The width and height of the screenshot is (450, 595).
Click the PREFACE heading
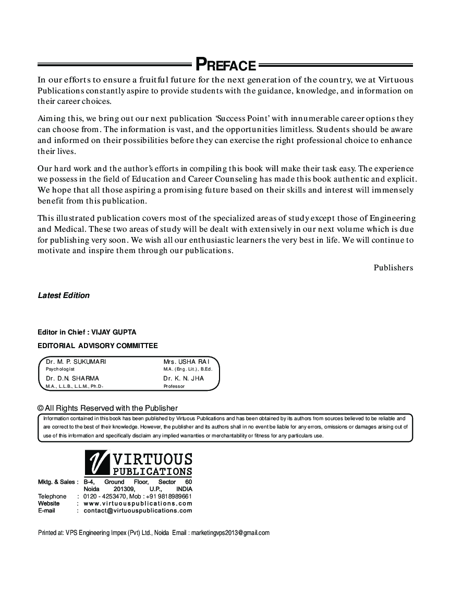pyautogui.click(x=225, y=65)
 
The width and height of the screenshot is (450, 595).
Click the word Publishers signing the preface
pyautogui.click(x=393, y=268)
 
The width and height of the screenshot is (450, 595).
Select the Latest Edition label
pyautogui.click(x=64, y=295)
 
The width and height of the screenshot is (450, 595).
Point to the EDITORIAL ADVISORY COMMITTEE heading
pyautogui.click(x=98, y=346)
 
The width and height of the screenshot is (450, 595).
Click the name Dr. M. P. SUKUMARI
pyautogui.click(x=76, y=361)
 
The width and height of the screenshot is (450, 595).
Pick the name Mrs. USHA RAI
pyautogui.click(x=186, y=361)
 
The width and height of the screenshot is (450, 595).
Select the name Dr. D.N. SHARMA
pyautogui.click(x=72, y=378)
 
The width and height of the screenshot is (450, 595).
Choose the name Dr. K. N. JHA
pyautogui.click(x=184, y=378)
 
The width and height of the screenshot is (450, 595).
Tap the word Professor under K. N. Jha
pyautogui.click(x=174, y=386)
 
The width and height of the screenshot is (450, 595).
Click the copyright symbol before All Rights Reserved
pyautogui.click(x=40, y=408)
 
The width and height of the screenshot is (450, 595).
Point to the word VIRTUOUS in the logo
pyautogui.click(x=152, y=459)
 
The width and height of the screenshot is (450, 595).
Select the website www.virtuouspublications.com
pyautogui.click(x=138, y=504)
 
